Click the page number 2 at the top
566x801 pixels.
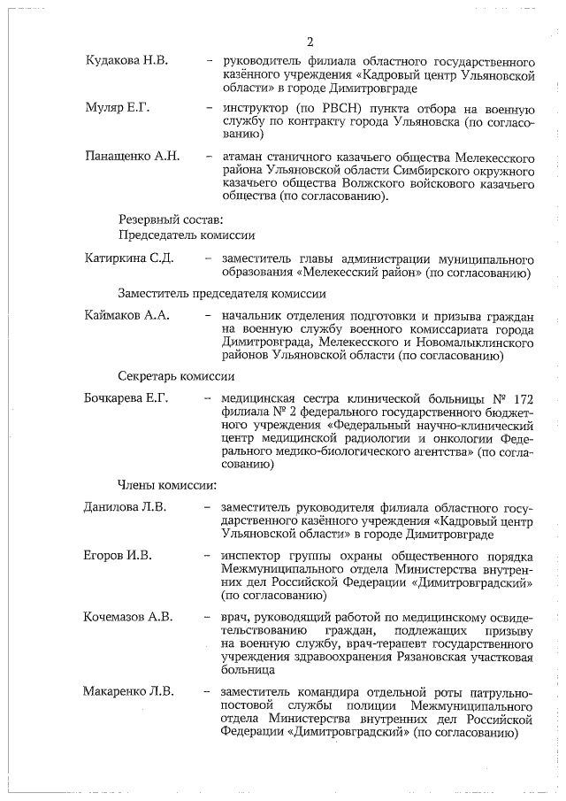tap(310, 42)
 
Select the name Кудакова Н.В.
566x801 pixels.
tap(126, 62)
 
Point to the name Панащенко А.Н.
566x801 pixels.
tap(132, 157)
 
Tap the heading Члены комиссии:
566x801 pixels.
tap(167, 484)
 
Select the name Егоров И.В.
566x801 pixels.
tap(118, 556)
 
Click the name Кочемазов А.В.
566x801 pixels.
tap(128, 616)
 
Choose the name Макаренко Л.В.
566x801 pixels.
tap(128, 690)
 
